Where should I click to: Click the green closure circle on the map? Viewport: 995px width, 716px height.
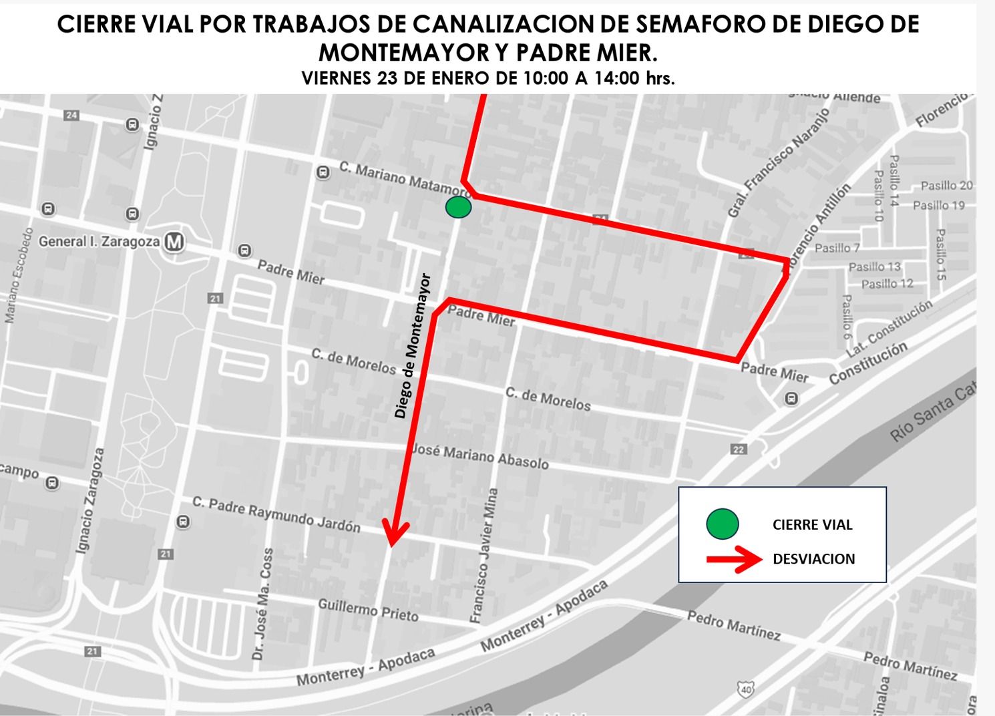[x=458, y=207]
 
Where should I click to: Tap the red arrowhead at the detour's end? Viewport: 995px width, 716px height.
[x=396, y=534]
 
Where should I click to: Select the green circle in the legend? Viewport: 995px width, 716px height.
[x=722, y=524]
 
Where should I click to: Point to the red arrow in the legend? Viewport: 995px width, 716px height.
[x=734, y=560]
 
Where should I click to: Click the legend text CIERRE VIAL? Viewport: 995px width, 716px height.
[x=812, y=525]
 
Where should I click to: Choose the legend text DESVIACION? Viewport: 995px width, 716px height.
[x=813, y=559]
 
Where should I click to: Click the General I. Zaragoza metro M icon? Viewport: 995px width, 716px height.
[x=174, y=241]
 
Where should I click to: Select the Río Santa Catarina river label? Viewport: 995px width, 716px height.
[x=933, y=414]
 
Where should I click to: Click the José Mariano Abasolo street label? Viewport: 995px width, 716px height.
[x=479, y=456]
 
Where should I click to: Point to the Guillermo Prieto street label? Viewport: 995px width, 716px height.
[x=368, y=610]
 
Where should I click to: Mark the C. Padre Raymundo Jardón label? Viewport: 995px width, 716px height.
[x=276, y=514]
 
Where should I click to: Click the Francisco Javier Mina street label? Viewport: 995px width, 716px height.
[x=484, y=556]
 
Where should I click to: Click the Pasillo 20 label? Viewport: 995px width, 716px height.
[x=946, y=186]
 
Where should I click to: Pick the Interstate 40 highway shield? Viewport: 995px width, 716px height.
[x=746, y=687]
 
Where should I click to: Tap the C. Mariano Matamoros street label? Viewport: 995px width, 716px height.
[x=405, y=179]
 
